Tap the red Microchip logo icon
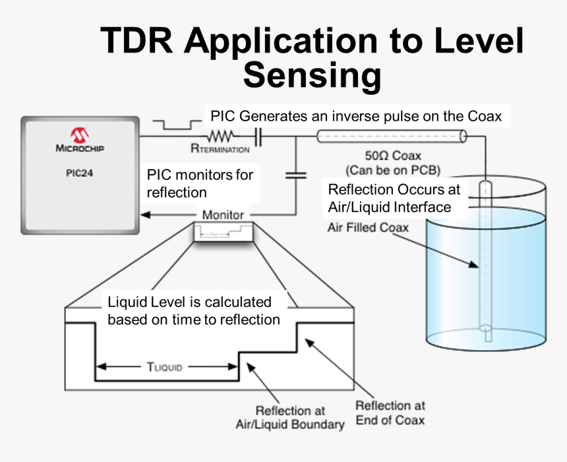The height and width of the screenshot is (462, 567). tap(80, 135)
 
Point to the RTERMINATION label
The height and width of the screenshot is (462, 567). tap(220, 150)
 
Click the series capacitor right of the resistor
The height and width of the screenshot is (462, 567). tap(258, 136)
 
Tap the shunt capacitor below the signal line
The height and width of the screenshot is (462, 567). tap(295, 175)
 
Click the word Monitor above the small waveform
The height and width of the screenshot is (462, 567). tap(223, 214)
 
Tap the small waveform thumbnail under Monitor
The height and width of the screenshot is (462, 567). tap(224, 232)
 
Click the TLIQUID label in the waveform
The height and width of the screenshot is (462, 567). tap(165, 367)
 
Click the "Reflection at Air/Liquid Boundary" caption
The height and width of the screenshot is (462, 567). tap(290, 417)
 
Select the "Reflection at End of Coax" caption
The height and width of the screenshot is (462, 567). tap(390, 413)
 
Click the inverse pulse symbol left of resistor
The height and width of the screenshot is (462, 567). tap(172, 124)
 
